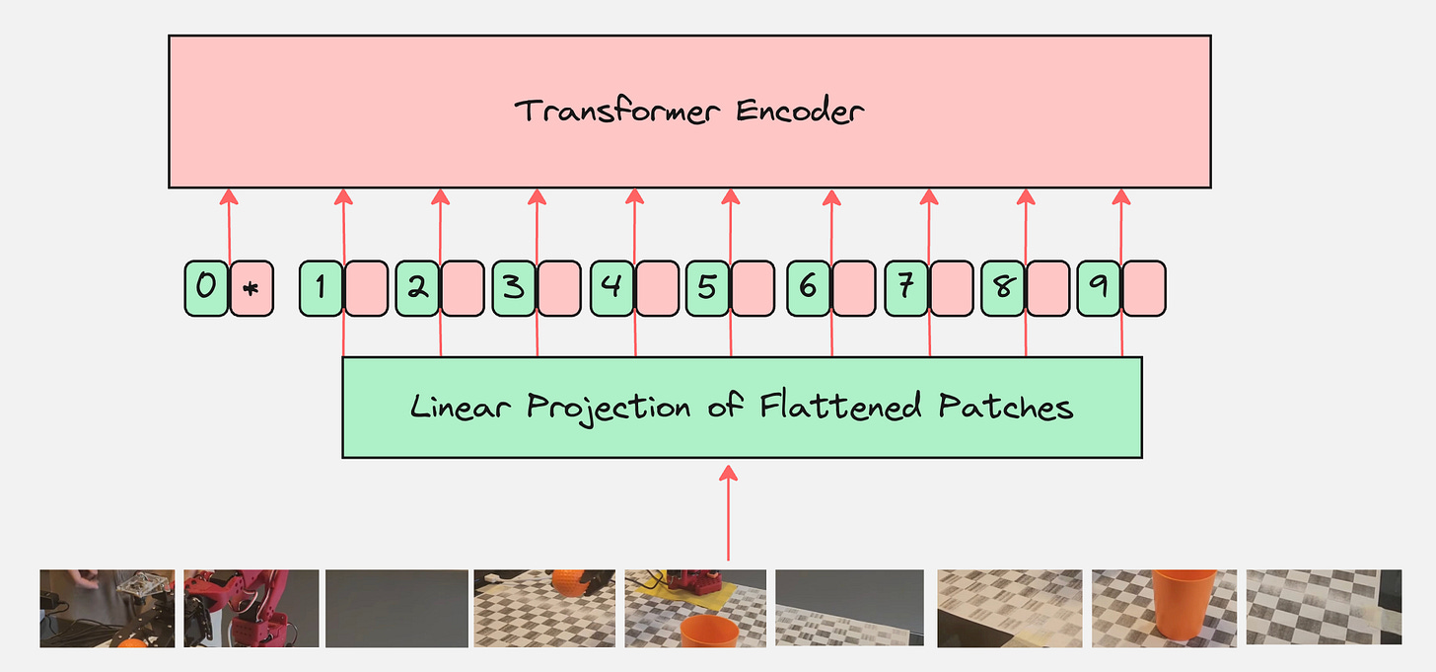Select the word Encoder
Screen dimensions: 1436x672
[800, 111]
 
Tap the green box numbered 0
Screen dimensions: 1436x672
[206, 288]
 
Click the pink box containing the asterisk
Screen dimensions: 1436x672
[251, 288]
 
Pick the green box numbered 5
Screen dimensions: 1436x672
[707, 288]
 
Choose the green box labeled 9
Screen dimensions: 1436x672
[1099, 288]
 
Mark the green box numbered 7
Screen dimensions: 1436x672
[906, 288]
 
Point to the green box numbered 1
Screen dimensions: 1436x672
[321, 288]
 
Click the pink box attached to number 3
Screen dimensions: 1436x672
[559, 288]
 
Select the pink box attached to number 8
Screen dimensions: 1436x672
[1047, 288]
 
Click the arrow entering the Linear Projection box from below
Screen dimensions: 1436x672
[729, 513]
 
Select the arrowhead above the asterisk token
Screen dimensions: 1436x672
[229, 196]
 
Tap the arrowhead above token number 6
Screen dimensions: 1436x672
[830, 196]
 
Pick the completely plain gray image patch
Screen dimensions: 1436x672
[396, 608]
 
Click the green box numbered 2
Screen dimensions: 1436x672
[417, 288]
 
